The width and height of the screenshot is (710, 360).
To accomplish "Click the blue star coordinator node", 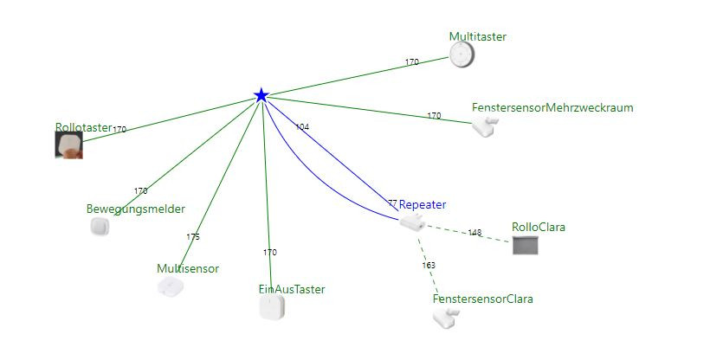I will [261, 95].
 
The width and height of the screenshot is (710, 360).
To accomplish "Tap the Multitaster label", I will [477, 36].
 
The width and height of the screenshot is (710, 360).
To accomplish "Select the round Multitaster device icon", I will [462, 55].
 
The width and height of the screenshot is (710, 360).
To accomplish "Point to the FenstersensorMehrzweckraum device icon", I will [484, 126].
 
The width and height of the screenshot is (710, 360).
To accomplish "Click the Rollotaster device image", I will [69, 145].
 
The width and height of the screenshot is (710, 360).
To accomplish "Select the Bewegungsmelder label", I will [136, 209].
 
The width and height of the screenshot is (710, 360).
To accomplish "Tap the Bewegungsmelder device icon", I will [100, 227].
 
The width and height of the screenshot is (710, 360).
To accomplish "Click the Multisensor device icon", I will [171, 286].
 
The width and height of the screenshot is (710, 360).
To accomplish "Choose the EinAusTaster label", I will [292, 289].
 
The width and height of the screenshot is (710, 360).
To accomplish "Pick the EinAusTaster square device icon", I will [272, 307].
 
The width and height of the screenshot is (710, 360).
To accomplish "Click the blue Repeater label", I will [423, 205].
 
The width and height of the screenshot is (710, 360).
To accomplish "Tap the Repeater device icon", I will [411, 223].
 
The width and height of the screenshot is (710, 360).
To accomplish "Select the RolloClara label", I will [539, 228].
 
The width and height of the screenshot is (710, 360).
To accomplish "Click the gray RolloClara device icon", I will [526, 245].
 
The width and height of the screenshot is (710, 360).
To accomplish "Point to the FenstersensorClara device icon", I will [445, 318].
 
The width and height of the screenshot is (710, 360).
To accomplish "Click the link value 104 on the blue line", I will [302, 127].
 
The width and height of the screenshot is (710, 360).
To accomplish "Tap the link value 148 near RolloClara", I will [474, 233].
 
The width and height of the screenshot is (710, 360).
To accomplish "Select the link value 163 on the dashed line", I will [429, 266].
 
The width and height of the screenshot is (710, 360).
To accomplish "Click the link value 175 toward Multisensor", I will [193, 237].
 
